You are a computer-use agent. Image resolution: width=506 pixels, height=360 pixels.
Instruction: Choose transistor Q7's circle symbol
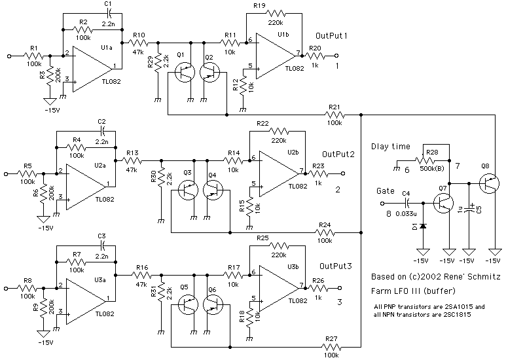click(x=444, y=202)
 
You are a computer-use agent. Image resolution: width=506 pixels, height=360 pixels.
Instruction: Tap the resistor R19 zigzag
click(x=275, y=13)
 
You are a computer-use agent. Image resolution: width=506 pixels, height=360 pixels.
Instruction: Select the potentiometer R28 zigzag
click(x=433, y=160)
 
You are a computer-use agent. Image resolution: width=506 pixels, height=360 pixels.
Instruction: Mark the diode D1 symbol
click(x=423, y=226)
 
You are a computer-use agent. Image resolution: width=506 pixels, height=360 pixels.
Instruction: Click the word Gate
click(x=386, y=191)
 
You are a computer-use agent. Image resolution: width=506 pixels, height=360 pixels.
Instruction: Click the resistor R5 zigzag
click(x=27, y=173)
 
